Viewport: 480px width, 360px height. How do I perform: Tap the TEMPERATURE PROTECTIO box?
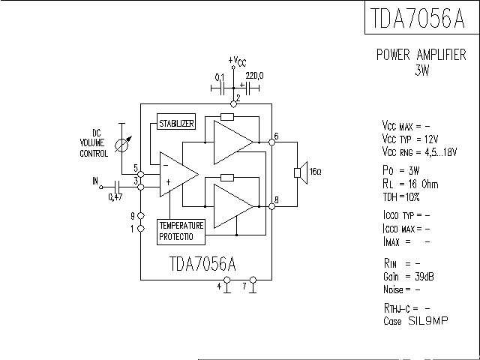click(x=181, y=231)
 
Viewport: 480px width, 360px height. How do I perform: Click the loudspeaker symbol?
click(x=299, y=172)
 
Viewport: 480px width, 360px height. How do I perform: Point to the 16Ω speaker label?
click(x=315, y=172)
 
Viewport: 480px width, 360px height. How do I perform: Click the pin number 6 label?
click(x=276, y=136)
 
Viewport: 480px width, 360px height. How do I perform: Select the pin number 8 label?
click(x=277, y=199)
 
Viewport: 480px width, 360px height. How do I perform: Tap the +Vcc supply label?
click(x=237, y=61)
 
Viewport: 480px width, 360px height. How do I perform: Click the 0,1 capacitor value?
click(x=220, y=76)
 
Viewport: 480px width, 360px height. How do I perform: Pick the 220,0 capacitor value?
click(x=254, y=76)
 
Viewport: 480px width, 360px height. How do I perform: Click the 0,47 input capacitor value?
click(x=115, y=196)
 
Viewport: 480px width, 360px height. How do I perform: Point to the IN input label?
click(x=95, y=181)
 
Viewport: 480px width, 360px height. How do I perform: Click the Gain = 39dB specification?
click(x=408, y=277)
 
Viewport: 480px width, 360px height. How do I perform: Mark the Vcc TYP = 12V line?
click(x=409, y=139)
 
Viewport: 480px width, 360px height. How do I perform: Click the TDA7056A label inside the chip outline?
click(x=202, y=264)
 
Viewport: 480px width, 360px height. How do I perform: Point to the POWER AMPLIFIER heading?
click(x=421, y=55)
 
